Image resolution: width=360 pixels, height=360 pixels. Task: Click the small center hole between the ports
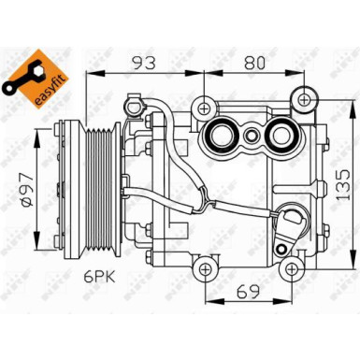252,135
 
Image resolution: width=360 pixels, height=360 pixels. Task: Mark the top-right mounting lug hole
302,98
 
